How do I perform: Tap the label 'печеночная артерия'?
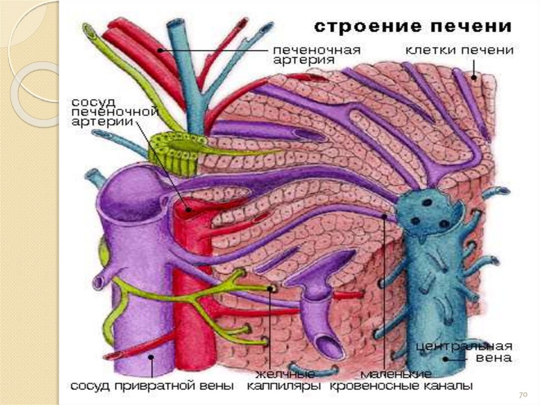click(x=316, y=55)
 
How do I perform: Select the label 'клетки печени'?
click(x=459, y=50)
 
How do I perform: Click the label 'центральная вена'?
click(x=464, y=352)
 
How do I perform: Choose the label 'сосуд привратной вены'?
click(x=152, y=386)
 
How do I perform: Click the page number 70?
click(x=523, y=395)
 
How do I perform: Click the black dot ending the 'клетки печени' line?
click(x=473, y=78)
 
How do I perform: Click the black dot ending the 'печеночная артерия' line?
click(x=160, y=51)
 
